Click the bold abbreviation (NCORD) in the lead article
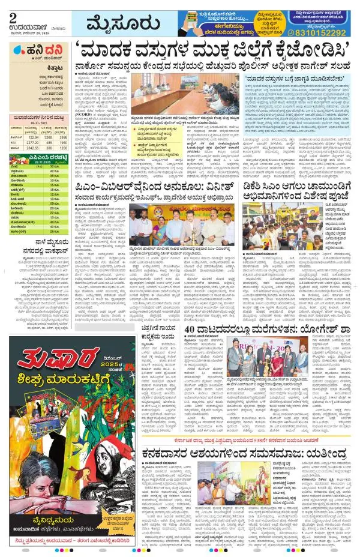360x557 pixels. [84, 110]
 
